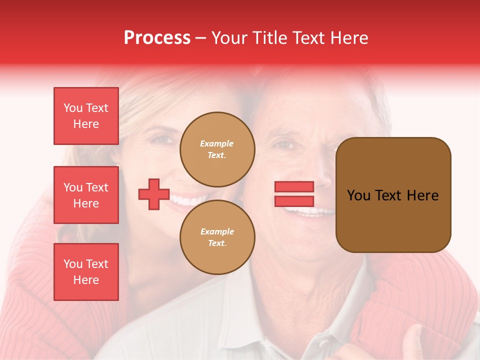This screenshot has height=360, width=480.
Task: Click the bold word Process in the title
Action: point(157,38)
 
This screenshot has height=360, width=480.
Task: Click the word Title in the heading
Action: point(269,38)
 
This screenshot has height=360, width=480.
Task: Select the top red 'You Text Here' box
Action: point(86,116)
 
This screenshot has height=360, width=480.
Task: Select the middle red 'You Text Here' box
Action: point(86,195)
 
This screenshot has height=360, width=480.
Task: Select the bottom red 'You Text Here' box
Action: point(86,272)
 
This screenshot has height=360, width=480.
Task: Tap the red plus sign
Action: point(154,194)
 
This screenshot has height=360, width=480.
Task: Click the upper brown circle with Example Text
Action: point(217,149)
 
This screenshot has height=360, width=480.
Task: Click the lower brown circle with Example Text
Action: point(217,237)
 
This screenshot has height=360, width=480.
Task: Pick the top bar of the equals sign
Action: point(294,186)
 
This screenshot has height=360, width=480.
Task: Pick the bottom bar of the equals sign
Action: point(294,201)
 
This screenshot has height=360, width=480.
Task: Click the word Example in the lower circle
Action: point(217,231)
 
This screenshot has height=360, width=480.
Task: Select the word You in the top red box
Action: point(73,108)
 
